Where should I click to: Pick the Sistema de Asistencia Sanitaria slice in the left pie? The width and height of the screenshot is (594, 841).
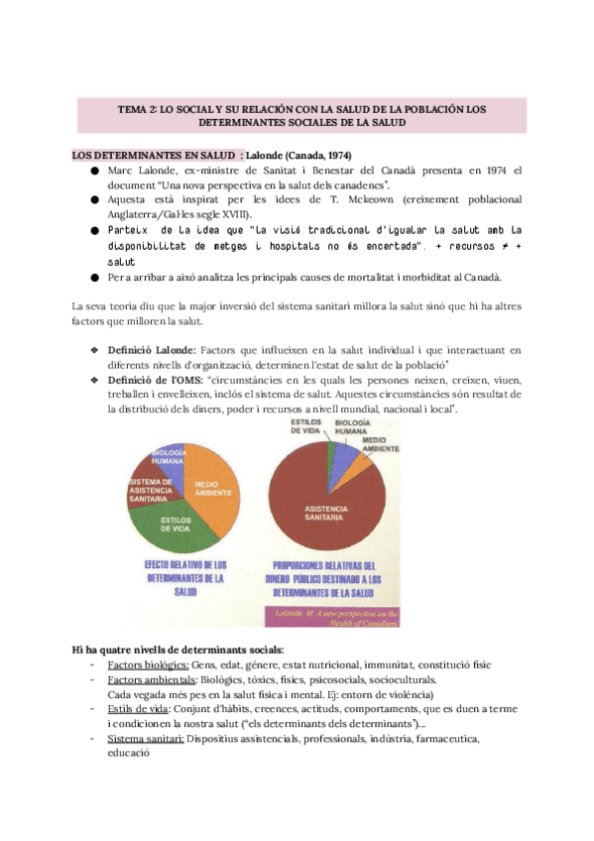coord(151,492)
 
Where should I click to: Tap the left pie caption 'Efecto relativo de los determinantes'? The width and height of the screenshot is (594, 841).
coord(186,578)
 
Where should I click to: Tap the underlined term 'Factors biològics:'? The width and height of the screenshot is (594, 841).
coord(133,663)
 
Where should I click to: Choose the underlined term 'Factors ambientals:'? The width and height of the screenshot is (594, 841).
coord(137,680)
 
